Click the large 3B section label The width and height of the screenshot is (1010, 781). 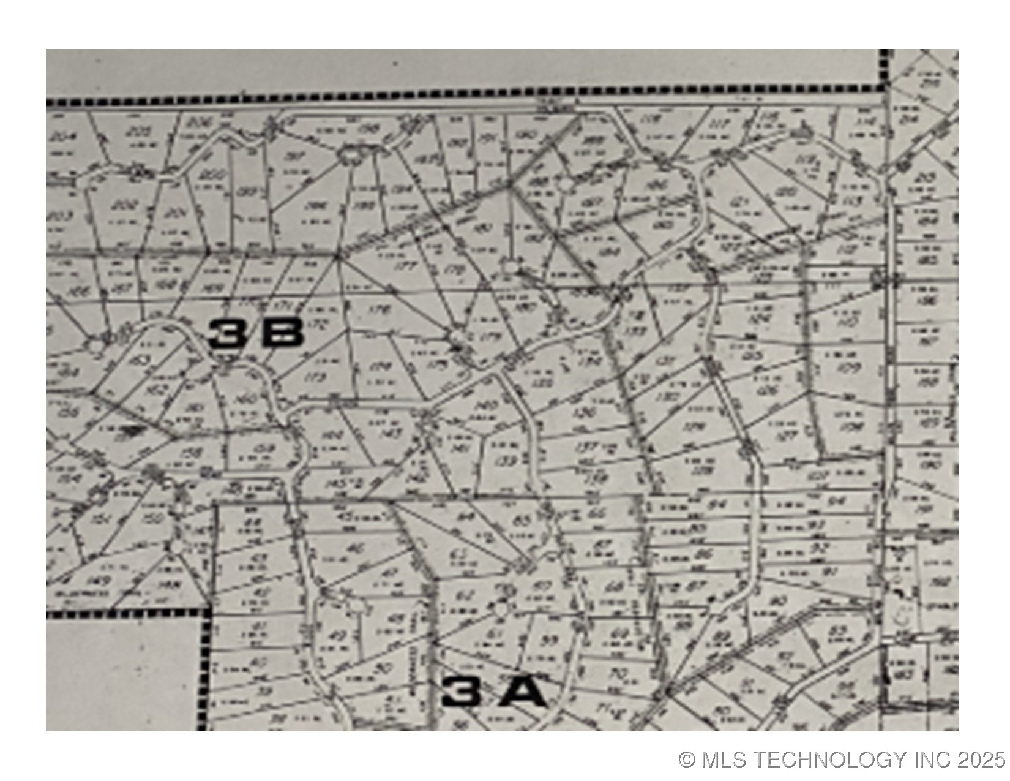tap(256, 334)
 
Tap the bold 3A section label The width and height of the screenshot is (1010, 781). tap(493, 692)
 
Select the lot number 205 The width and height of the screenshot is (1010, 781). tap(141, 131)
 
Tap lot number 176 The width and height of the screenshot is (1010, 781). tap(380, 311)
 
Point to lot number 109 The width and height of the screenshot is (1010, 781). tap(850, 368)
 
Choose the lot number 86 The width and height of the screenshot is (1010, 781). tap(703, 555)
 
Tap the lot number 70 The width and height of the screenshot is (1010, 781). tap(618, 674)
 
